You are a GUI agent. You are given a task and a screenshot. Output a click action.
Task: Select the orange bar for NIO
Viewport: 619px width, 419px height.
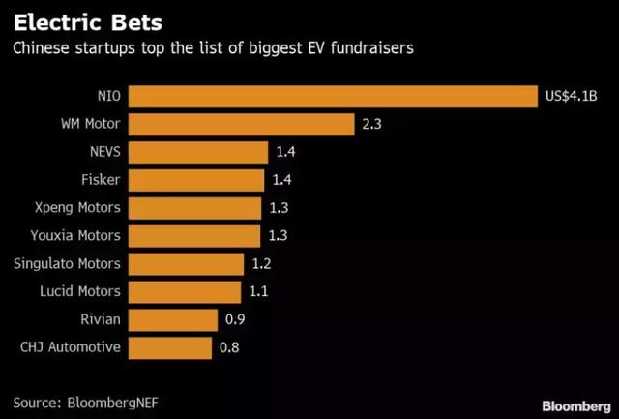[332, 97]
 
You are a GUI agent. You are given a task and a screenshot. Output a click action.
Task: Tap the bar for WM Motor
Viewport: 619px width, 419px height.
[242, 124]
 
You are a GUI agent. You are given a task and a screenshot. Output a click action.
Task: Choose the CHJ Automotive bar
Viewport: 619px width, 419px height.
[169, 346]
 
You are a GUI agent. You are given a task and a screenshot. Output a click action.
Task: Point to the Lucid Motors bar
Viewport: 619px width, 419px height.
[185, 291]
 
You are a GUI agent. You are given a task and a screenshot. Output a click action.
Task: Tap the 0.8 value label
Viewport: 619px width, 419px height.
[230, 346]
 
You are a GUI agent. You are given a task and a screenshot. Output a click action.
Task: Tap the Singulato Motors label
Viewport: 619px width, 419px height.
[68, 263]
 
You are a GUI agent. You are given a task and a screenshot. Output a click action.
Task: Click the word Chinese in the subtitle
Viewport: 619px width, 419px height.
[42, 48]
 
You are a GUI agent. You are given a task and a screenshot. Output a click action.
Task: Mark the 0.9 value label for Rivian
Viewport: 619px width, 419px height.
[234, 319]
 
